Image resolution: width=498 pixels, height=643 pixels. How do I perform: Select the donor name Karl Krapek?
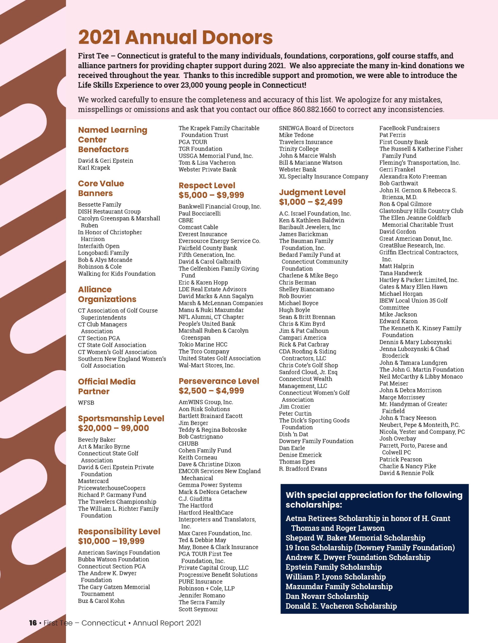coord(94,168)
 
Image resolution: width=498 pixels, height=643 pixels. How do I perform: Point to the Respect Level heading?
coord(207,185)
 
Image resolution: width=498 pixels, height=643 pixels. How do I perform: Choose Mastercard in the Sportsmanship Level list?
coord(93,481)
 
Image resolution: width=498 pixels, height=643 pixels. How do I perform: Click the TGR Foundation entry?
coord(200,149)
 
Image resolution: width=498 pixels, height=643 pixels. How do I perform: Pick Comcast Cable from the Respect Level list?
coord(198,227)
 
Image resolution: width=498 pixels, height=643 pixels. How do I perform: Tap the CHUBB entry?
coord(188,443)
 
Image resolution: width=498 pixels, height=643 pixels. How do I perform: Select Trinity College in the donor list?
coord(299,149)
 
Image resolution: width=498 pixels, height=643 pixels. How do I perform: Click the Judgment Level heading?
coord(312,192)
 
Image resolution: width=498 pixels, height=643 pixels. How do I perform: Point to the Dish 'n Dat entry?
coord(294,434)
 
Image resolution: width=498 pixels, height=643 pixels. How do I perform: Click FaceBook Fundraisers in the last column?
coord(409,128)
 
